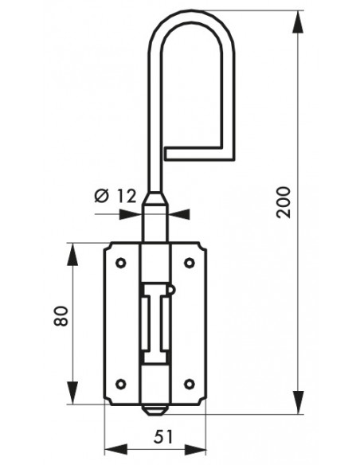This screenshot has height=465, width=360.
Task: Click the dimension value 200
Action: click(x=284, y=202)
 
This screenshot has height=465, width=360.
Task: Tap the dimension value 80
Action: click(x=61, y=316)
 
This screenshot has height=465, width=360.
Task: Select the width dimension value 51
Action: click(x=162, y=437)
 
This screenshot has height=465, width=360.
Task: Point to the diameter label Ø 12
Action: click(x=115, y=196)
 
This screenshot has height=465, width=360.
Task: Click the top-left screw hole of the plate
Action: click(x=121, y=263)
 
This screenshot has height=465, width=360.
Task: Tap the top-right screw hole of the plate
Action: click(x=190, y=263)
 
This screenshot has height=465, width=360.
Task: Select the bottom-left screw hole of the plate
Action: click(x=121, y=384)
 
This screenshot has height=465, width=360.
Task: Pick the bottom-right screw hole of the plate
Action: click(x=190, y=384)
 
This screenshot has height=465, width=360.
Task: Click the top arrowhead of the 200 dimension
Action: click(x=298, y=22)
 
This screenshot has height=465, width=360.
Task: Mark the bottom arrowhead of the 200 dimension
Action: click(x=298, y=402)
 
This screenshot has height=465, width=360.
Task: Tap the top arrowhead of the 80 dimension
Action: click(x=72, y=254)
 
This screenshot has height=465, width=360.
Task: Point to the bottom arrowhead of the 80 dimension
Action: click(x=72, y=393)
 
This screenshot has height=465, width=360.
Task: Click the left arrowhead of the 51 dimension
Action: click(x=116, y=450)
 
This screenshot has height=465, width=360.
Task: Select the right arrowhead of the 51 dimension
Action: click(x=195, y=450)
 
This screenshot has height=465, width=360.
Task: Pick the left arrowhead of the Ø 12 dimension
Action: click(x=131, y=214)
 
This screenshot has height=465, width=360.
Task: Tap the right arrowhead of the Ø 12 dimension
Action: click(x=179, y=214)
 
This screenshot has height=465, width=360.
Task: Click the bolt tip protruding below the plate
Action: click(x=155, y=409)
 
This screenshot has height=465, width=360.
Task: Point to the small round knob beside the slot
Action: click(x=172, y=289)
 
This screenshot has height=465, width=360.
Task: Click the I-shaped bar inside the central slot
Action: click(x=155, y=323)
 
